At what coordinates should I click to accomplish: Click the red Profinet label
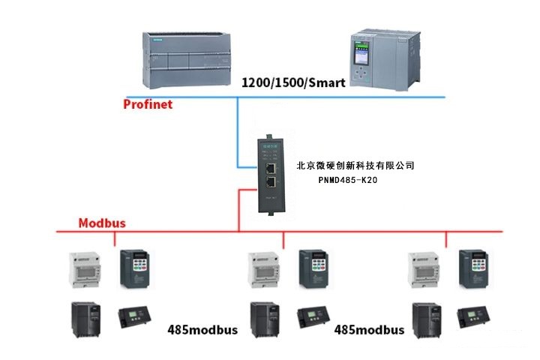(148, 104)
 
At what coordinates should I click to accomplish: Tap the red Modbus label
(102, 223)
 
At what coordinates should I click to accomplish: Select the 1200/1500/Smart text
(293, 83)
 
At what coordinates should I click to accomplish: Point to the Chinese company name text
(355, 165)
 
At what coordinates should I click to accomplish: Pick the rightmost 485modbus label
(369, 329)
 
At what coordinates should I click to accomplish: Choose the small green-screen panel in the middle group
(310, 318)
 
